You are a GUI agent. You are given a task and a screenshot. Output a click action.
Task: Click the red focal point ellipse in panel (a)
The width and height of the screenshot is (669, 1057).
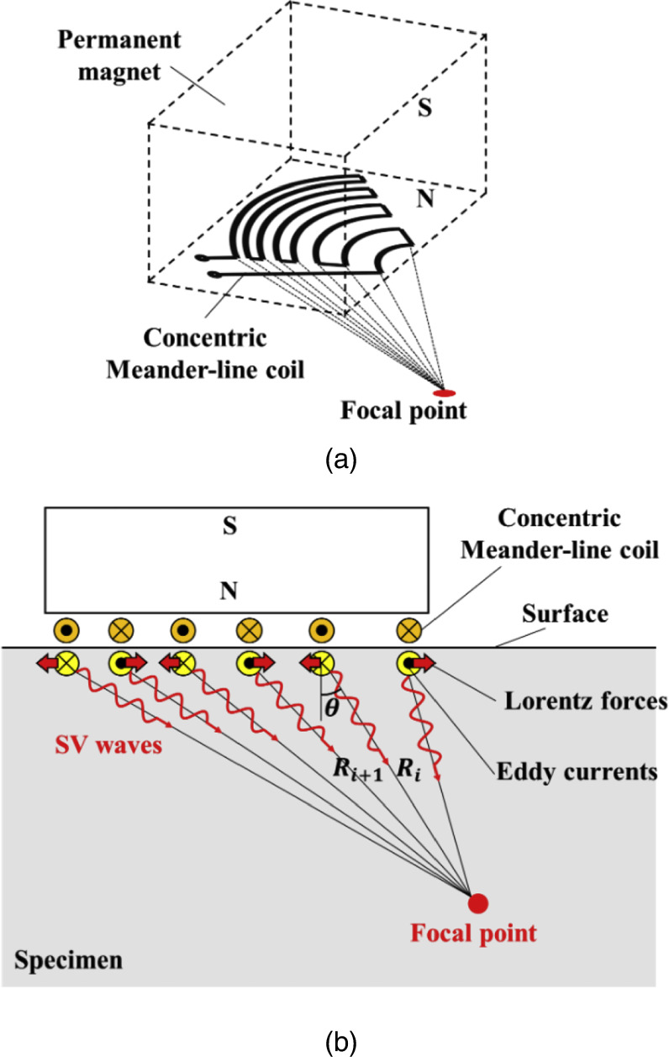point(443,393)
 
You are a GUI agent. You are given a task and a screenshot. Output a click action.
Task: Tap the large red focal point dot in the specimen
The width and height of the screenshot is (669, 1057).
point(478,903)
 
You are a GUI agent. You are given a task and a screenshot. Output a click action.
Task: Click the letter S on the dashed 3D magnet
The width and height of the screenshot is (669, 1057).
point(425,108)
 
